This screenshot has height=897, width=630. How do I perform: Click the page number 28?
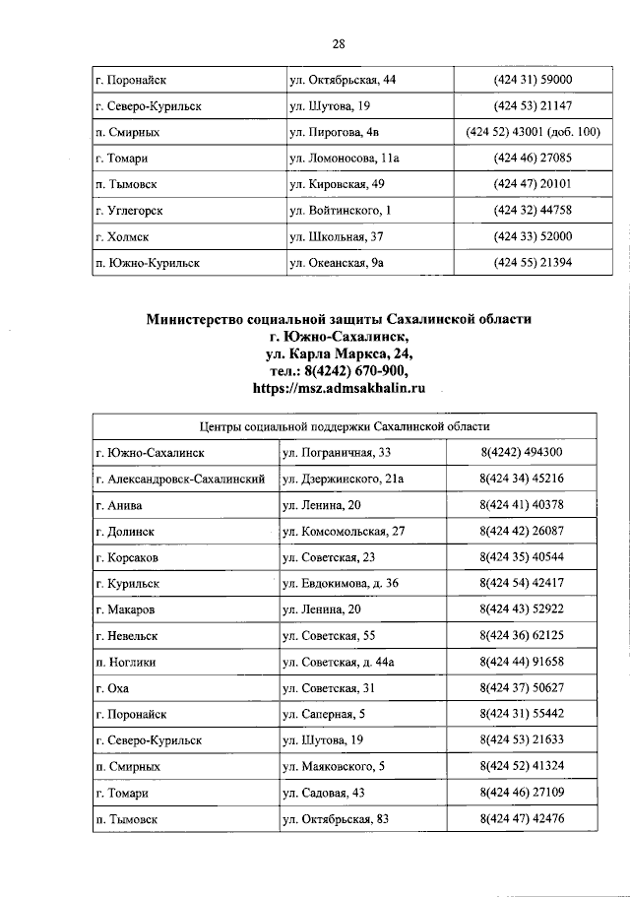click(x=338, y=44)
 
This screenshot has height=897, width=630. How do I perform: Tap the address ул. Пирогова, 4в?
click(x=334, y=132)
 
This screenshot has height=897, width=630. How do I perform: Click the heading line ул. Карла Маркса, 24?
click(x=338, y=353)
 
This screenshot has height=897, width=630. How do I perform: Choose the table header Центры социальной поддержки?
click(x=345, y=427)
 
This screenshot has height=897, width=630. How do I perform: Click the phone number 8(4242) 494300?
click(x=522, y=453)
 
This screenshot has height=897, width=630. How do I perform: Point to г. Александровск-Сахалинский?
click(x=183, y=480)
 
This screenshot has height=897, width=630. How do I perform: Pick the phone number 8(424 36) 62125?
click(x=522, y=636)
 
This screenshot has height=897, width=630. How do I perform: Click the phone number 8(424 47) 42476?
click(x=522, y=819)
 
